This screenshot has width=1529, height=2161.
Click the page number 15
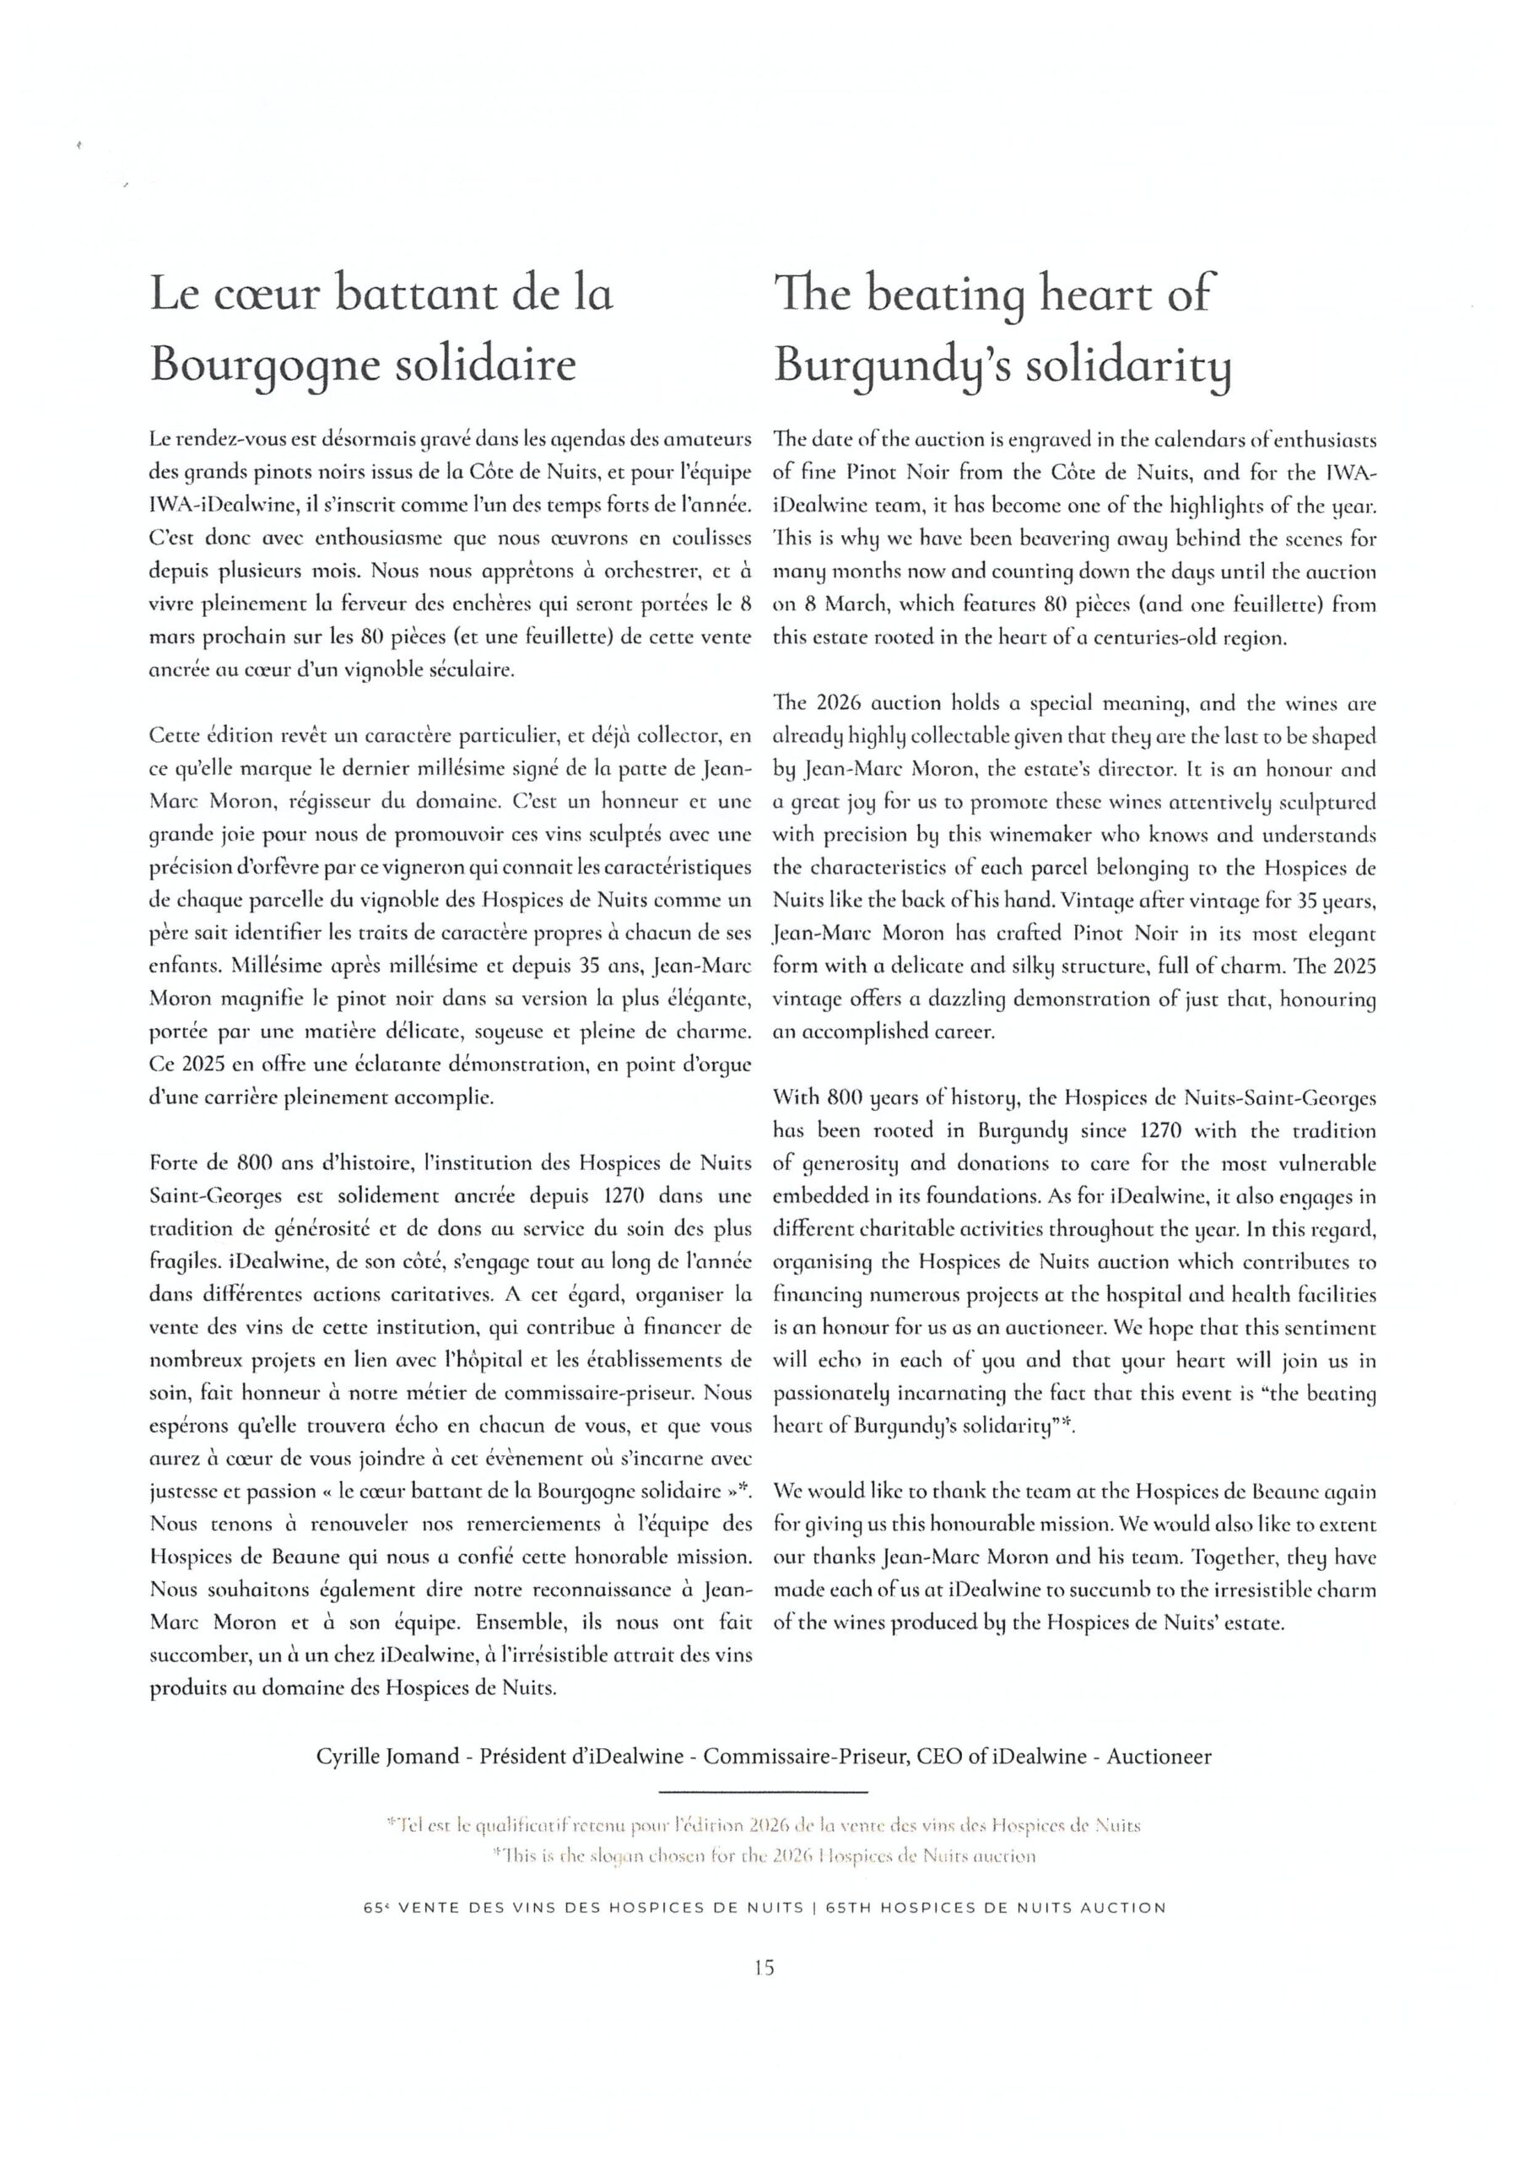point(764,1967)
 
